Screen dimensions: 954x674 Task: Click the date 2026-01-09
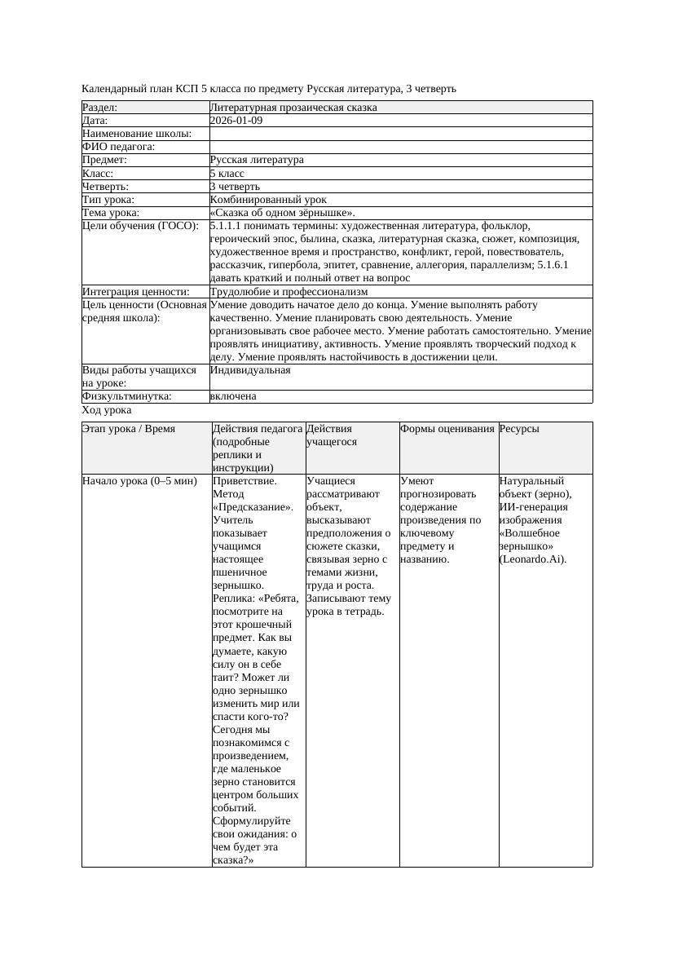[x=236, y=121]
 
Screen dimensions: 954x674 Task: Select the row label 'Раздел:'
[x=99, y=108]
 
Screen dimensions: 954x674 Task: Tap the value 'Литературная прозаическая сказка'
[x=293, y=108]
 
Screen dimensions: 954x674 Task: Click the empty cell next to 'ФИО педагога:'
[x=399, y=147]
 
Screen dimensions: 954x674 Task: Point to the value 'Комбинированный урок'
[x=268, y=200]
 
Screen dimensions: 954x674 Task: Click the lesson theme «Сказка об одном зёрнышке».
[x=282, y=213]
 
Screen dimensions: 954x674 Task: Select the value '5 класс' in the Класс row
[x=227, y=174]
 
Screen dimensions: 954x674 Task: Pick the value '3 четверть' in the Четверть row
[x=235, y=187]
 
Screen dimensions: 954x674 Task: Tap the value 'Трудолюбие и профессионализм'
[x=289, y=291]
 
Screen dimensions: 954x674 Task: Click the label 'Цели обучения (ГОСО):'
[x=140, y=226]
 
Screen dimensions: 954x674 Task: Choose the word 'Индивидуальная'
[x=249, y=370]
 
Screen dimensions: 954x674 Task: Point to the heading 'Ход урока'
[x=106, y=411]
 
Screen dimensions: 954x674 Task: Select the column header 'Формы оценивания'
[x=447, y=429]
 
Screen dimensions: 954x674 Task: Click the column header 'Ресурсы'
[x=519, y=429]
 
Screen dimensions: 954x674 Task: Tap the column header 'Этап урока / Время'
[x=129, y=429]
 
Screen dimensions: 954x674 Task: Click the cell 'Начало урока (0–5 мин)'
[x=139, y=481]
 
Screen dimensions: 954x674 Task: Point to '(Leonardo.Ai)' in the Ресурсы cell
[x=532, y=559]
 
